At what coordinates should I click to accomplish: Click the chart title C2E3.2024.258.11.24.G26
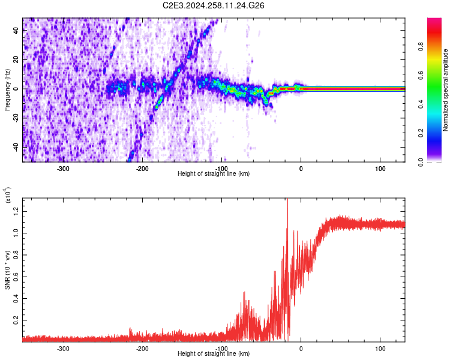coord(214,5)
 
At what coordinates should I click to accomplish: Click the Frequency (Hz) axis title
coord(7,89)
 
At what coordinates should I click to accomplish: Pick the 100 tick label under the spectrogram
coord(380,169)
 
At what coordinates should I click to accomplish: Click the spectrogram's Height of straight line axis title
coord(214,174)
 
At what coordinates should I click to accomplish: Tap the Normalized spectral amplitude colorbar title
coord(446,90)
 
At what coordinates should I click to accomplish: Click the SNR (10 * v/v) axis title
coord(7,270)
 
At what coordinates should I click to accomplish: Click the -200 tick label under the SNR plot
coord(142,348)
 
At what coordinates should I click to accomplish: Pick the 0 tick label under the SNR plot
coord(301,348)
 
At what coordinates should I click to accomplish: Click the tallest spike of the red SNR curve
coord(287,199)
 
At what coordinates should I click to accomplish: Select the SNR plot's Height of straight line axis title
coord(214,353)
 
